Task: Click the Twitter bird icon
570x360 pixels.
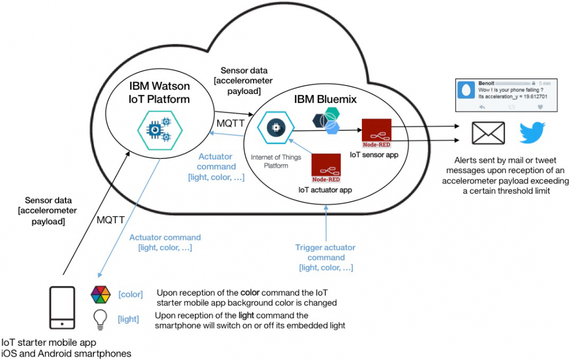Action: click(x=532, y=133)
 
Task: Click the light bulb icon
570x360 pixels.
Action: click(x=100, y=320)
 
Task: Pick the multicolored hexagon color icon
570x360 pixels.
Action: click(x=100, y=294)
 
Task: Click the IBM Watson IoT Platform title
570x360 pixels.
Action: click(x=158, y=93)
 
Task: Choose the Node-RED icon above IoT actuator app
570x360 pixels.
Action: click(x=325, y=167)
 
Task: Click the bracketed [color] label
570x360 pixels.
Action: click(x=130, y=294)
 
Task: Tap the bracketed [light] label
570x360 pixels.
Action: click(x=128, y=319)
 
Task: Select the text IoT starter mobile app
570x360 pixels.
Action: click(x=48, y=343)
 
